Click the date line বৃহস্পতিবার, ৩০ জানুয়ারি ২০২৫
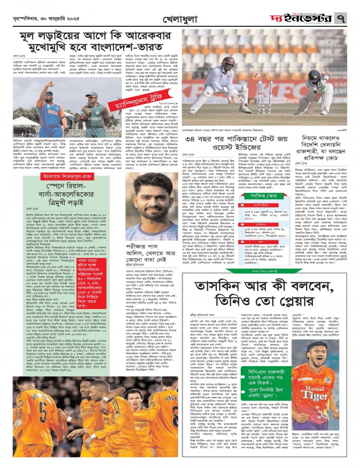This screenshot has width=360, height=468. tap(41, 17)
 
